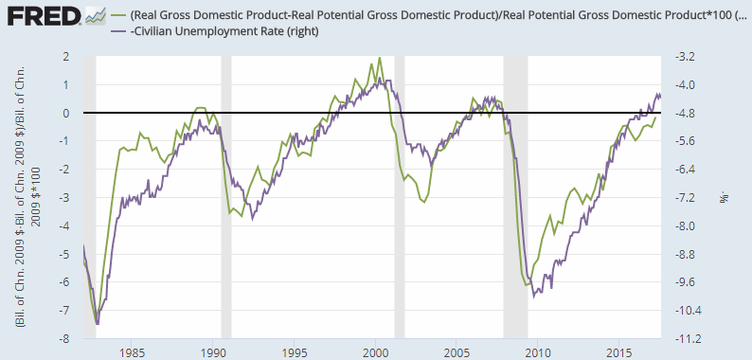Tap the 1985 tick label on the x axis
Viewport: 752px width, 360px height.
pyautogui.click(x=133, y=351)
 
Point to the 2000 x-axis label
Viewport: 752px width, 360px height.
pyautogui.click(x=375, y=351)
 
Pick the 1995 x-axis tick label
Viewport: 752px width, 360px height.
pyautogui.click(x=295, y=351)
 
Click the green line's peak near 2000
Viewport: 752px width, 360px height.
pyautogui.click(x=380, y=58)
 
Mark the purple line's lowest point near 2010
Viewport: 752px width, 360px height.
pyautogui.click(x=534, y=297)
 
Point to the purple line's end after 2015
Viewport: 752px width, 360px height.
pyautogui.click(x=660, y=97)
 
